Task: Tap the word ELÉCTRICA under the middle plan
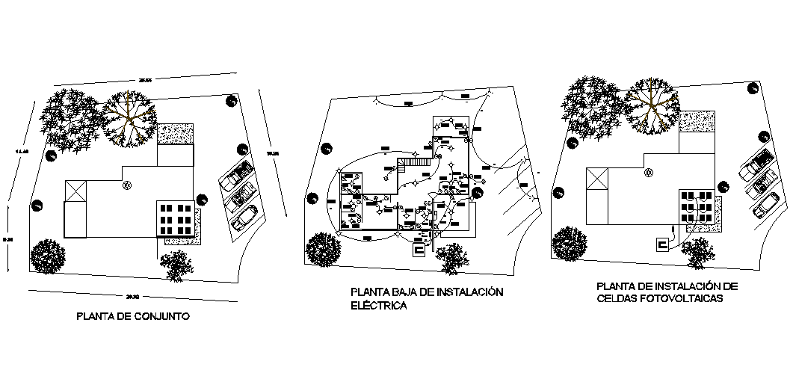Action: click(378, 306)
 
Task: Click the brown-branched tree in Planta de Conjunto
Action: click(131, 117)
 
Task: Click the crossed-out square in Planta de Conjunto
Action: click(75, 191)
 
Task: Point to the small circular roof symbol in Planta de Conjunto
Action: click(127, 184)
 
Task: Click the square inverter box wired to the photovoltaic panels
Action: click(661, 244)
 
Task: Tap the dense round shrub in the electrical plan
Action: click(323, 249)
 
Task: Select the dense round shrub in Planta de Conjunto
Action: click(47, 256)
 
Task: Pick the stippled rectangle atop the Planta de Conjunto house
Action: click(176, 135)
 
